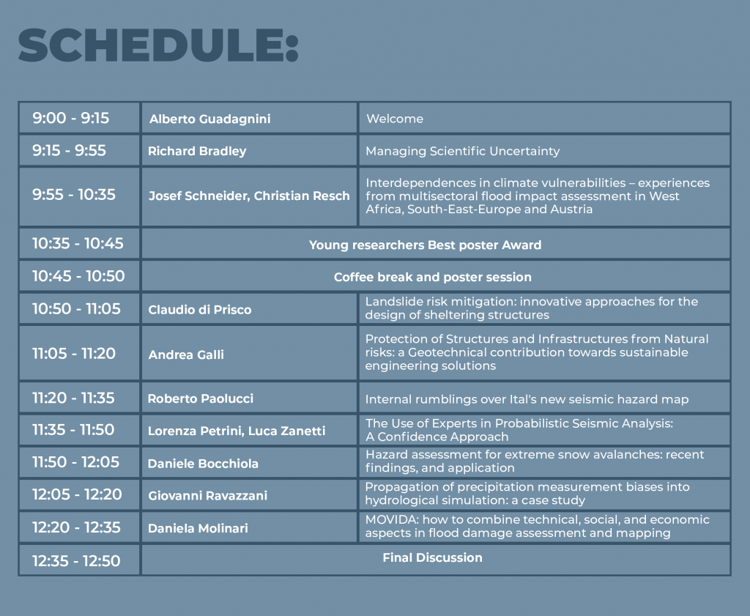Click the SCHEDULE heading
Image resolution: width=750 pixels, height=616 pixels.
(x=158, y=45)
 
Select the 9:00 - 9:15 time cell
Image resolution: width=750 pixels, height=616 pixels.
(x=71, y=118)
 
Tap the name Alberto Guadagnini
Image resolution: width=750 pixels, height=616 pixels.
(x=210, y=119)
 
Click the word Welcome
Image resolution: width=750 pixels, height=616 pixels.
(x=395, y=119)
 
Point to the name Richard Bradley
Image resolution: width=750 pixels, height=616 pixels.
(x=197, y=151)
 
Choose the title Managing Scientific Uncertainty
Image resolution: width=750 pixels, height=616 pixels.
(x=463, y=151)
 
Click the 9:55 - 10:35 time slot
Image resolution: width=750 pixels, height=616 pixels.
(x=74, y=195)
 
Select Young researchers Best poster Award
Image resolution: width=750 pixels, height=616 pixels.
(x=426, y=245)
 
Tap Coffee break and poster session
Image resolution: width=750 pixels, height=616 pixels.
(x=432, y=278)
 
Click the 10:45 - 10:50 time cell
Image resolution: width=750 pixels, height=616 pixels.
(x=78, y=276)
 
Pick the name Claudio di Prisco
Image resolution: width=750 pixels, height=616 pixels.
(x=199, y=310)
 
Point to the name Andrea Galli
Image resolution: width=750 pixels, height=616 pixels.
(x=186, y=355)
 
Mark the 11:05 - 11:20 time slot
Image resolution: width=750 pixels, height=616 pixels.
(x=74, y=354)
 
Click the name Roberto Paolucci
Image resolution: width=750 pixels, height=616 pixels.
(x=201, y=399)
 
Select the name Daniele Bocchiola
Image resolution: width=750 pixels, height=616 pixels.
(x=203, y=464)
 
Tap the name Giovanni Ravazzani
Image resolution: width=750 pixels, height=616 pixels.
(x=207, y=495)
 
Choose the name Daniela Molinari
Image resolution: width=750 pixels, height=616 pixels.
(x=198, y=529)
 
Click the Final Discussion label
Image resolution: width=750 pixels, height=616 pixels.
(x=432, y=557)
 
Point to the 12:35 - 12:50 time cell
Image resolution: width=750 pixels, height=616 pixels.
(x=76, y=560)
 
